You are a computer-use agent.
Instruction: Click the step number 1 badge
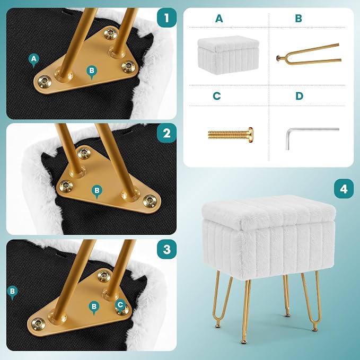coord(166,17)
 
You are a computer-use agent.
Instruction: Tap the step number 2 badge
coord(166,133)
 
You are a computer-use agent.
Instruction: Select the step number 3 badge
coord(166,249)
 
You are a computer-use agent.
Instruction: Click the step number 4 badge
coord(344,189)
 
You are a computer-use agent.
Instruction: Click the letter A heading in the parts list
coord(219,19)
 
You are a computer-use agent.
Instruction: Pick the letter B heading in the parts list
coord(298,19)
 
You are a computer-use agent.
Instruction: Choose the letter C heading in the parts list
coord(217,96)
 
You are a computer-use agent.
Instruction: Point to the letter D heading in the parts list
coord(299,96)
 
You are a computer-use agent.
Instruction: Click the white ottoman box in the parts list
coord(228,55)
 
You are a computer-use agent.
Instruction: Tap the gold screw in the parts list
coord(231,135)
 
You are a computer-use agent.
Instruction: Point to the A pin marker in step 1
coord(34,60)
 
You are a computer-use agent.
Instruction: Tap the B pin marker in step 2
coord(97,191)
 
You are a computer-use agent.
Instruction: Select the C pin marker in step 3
coord(120,305)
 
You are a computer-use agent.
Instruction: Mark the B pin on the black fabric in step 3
coord(12,292)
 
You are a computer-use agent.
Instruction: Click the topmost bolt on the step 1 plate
coord(110,33)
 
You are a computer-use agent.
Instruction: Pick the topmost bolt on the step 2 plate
coord(84,153)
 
